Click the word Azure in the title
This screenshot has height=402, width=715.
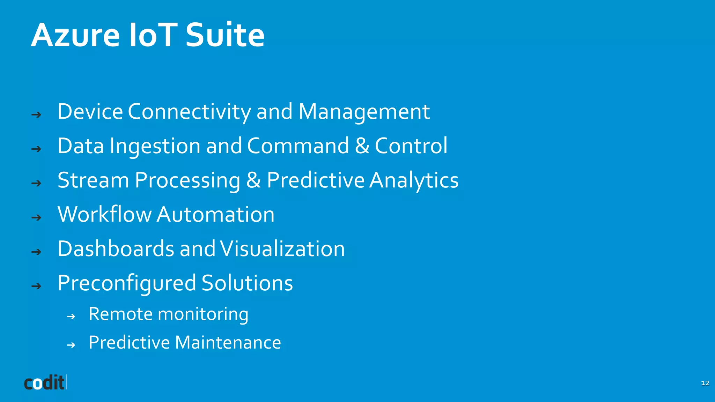pos(75,35)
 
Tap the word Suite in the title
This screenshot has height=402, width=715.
pos(225,35)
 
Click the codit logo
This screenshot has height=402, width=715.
pos(45,382)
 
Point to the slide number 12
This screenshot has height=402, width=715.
pos(705,383)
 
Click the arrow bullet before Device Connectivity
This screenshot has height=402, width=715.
pos(36,114)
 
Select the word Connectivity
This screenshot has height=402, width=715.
pos(189,112)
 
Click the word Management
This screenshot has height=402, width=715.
pos(364,112)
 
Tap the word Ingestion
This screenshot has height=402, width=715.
pos(155,146)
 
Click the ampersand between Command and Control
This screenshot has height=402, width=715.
pos(362,146)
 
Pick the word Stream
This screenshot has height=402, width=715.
pos(93,180)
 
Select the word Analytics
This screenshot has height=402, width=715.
pos(414,181)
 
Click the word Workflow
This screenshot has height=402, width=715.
pos(104,214)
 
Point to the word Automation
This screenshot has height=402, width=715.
pos(215,214)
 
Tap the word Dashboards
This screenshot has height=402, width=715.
pos(116,249)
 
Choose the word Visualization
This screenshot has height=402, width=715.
pos(282,249)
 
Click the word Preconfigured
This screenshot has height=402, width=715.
pos(126,283)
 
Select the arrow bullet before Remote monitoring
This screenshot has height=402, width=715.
pos(71,317)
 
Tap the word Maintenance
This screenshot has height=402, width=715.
pos(228,342)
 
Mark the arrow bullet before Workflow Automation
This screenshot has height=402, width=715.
pos(36,218)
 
